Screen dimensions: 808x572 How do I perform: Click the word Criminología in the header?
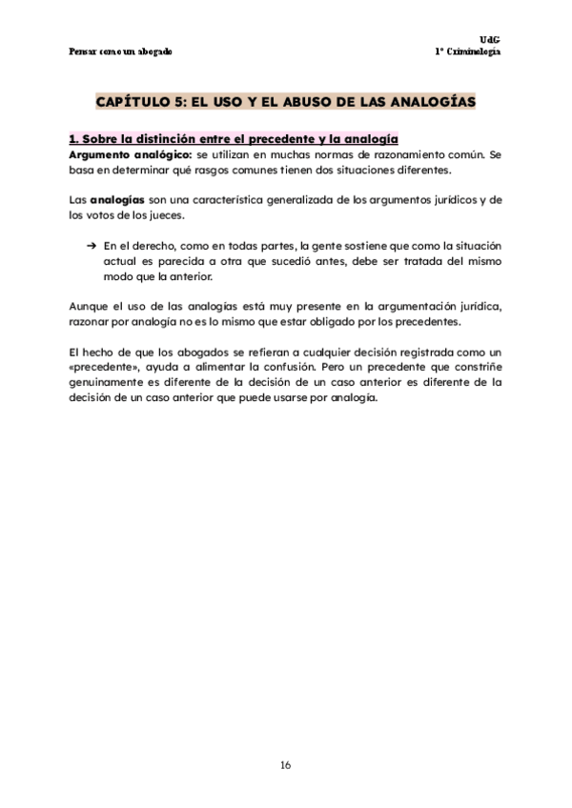click(x=474, y=50)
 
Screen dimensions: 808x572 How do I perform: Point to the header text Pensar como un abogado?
click(x=121, y=50)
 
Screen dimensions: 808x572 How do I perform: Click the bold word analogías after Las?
click(x=116, y=200)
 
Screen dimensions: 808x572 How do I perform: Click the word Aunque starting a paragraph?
click(x=92, y=307)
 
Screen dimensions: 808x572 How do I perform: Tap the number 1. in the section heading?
click(x=76, y=139)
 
